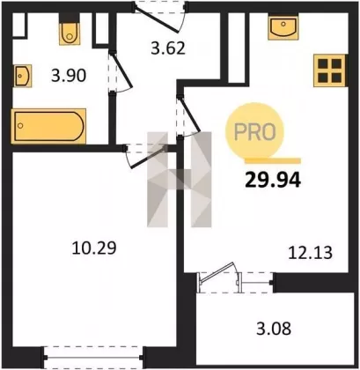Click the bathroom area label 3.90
(x=69, y=76)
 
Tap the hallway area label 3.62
(x=168, y=48)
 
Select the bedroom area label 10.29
(x=94, y=248)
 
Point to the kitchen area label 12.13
(x=311, y=253)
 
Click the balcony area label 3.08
(x=274, y=329)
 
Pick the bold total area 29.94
(x=273, y=180)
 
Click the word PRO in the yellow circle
(x=255, y=132)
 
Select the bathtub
(x=48, y=126)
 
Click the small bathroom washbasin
(x=23, y=76)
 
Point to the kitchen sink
(x=283, y=26)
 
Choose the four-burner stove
(x=329, y=70)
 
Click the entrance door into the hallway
(x=159, y=17)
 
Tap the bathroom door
(x=121, y=72)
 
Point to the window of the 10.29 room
(x=93, y=358)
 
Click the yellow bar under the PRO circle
(x=273, y=160)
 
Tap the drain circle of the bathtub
(x=20, y=126)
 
